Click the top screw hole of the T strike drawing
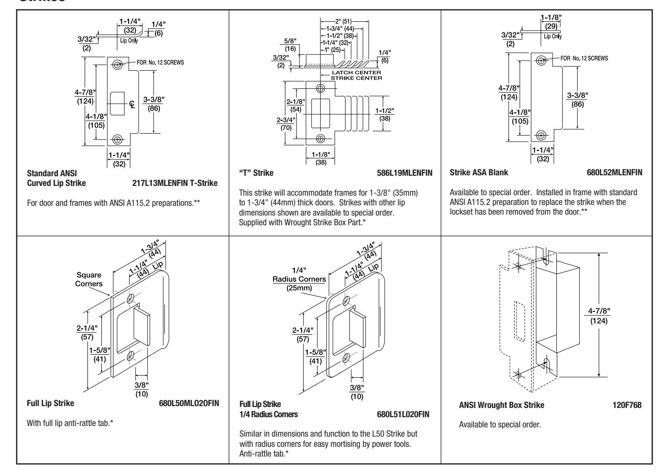coord(320,88)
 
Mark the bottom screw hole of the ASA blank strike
coord(540,135)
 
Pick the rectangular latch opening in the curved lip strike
coord(118,104)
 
